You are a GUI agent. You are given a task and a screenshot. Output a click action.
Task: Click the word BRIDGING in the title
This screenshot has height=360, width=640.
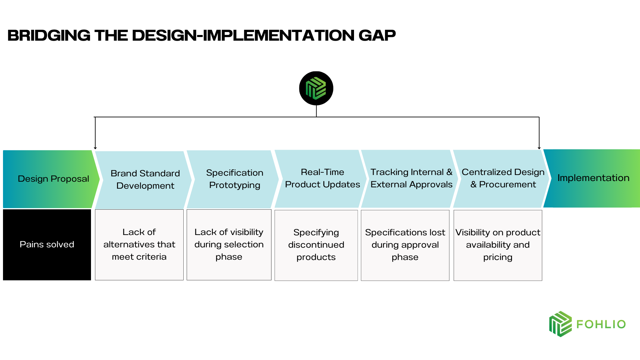click(49, 35)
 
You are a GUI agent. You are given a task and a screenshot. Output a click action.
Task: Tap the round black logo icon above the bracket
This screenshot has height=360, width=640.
click(316, 88)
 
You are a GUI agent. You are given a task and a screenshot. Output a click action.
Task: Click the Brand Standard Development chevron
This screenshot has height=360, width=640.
click(145, 179)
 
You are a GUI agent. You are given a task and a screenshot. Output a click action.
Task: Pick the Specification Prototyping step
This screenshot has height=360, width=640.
click(234, 179)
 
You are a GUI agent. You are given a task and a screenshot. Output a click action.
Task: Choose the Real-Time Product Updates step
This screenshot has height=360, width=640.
click(322, 178)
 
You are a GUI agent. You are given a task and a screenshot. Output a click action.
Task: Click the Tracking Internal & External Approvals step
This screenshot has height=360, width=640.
click(411, 178)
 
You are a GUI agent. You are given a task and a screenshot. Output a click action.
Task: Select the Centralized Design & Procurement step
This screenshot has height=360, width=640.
click(503, 178)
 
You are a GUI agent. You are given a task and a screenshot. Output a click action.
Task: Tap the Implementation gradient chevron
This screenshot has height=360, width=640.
click(593, 178)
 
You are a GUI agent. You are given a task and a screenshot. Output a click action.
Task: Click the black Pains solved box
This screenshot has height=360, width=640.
click(47, 245)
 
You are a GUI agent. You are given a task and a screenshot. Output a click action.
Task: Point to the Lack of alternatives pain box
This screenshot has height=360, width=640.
click(139, 245)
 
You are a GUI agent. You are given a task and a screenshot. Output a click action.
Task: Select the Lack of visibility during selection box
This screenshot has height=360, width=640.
click(229, 245)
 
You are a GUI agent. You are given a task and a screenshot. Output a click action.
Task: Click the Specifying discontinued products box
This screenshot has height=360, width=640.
click(316, 245)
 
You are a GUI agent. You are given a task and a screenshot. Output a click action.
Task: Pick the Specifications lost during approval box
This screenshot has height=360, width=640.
click(405, 245)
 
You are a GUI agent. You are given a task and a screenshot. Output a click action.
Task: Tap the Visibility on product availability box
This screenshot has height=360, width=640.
click(498, 245)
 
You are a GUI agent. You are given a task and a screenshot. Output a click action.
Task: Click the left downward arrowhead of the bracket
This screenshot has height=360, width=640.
click(95, 148)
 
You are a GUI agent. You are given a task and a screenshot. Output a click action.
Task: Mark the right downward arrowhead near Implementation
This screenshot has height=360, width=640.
click(539, 148)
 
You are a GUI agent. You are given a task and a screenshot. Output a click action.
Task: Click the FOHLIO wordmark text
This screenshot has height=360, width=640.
click(601, 324)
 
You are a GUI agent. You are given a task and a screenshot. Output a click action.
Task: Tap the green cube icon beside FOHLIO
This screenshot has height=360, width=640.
click(560, 324)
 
